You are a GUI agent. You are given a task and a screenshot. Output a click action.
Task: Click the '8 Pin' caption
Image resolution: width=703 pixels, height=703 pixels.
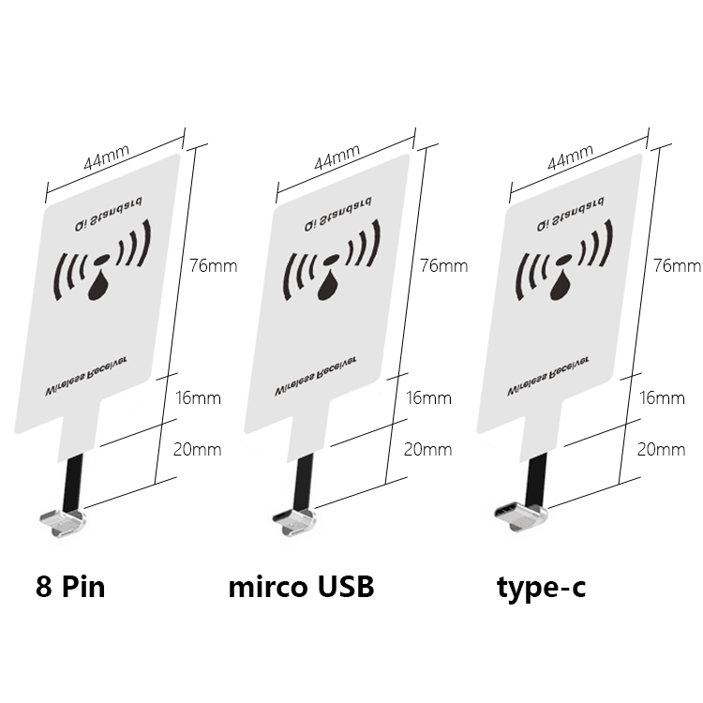(70, 587)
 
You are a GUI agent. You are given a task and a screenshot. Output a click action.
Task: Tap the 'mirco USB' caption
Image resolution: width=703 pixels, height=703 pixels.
(301, 587)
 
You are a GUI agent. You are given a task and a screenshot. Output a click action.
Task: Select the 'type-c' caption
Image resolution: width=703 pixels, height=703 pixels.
(541, 589)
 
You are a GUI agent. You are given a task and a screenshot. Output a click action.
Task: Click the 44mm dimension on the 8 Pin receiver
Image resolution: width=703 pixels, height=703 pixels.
(107, 157)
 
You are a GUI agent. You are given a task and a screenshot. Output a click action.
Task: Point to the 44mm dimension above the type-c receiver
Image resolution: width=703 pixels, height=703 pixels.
(571, 157)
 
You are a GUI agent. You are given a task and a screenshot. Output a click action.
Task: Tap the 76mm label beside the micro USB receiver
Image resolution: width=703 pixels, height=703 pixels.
(444, 266)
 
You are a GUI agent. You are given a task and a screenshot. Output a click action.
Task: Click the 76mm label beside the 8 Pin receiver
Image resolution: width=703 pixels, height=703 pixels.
(213, 266)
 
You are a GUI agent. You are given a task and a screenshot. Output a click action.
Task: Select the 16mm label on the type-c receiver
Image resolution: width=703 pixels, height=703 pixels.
(662, 398)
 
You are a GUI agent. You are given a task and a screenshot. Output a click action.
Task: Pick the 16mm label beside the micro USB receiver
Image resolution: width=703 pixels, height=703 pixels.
(428, 398)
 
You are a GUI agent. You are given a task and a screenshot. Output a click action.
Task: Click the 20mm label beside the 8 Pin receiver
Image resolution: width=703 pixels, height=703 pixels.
(197, 450)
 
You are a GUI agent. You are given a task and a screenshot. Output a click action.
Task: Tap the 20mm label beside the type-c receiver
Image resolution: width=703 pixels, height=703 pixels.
(662, 450)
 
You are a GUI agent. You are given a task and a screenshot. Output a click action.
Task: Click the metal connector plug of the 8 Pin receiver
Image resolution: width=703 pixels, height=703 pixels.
(63, 522)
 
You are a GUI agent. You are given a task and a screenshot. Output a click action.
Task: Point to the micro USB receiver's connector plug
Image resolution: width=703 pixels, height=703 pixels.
(294, 521)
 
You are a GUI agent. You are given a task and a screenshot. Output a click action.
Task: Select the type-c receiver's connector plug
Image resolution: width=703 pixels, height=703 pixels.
(520, 517)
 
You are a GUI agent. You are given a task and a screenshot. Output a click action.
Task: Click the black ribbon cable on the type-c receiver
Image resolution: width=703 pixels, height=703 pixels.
(537, 481)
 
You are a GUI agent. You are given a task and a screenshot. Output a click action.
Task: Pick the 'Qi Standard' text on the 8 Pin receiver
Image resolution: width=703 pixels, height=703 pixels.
(109, 214)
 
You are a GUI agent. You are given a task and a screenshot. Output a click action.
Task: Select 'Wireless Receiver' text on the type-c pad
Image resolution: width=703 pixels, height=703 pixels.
(548, 377)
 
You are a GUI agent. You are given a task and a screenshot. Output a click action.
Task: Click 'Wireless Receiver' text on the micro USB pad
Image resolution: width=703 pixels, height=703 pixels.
(316, 377)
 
